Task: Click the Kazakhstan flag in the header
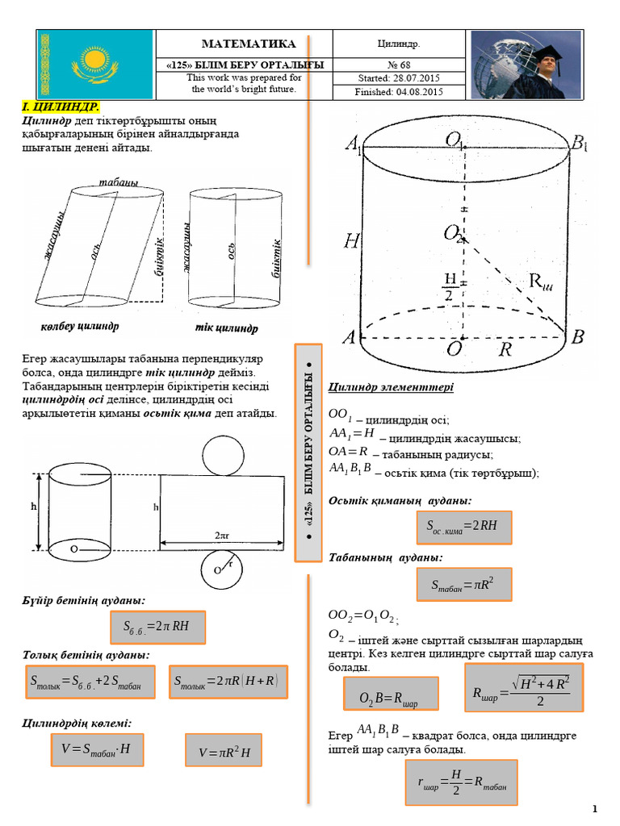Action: click(x=96, y=65)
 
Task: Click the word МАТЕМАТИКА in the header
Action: click(x=248, y=44)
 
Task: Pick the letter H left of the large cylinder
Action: click(x=351, y=240)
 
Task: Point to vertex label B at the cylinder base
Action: click(x=577, y=338)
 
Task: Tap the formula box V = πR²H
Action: click(x=225, y=753)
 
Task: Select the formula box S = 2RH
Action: click(x=464, y=527)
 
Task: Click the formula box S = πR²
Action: click(x=463, y=583)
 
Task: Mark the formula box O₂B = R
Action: click(x=392, y=694)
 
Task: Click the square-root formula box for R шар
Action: click(x=524, y=688)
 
